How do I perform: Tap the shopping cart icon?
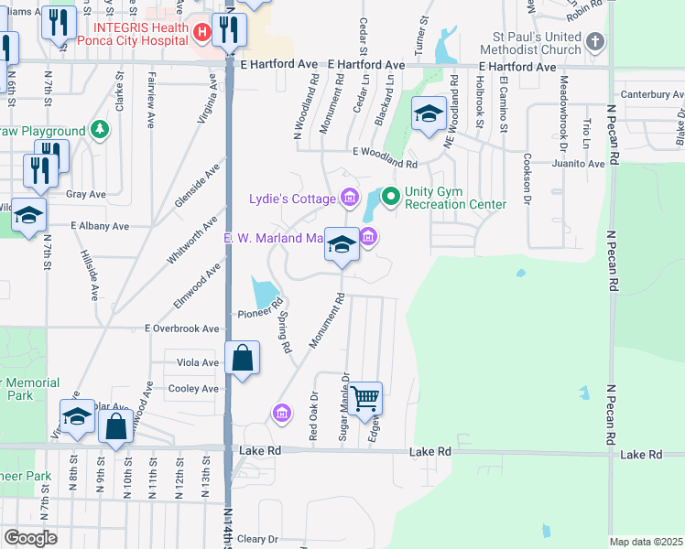click(364, 398)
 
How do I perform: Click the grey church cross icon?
click(595, 40)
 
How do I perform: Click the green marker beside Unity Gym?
click(390, 195)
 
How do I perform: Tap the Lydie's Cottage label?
click(292, 199)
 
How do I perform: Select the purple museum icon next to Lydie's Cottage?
click(348, 197)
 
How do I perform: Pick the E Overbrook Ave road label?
click(182, 328)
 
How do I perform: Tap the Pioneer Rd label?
click(256, 313)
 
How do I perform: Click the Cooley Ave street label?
click(193, 389)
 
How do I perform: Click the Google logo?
click(30, 538)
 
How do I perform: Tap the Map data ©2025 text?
click(646, 542)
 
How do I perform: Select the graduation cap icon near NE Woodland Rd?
click(428, 113)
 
